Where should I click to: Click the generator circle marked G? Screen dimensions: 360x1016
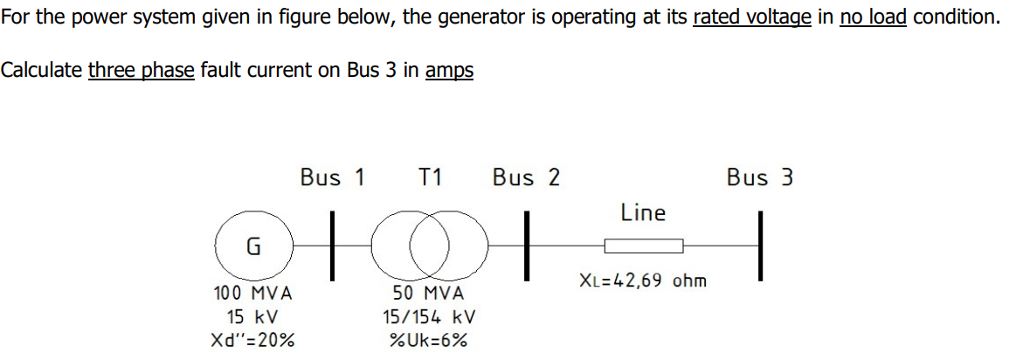point(252,246)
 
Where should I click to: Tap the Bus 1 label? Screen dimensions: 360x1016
point(332,177)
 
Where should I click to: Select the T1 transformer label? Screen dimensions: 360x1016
point(430,177)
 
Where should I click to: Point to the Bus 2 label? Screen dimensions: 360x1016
point(526,177)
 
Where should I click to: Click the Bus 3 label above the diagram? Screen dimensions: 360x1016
point(760,177)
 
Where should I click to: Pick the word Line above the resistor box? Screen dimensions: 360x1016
point(643,212)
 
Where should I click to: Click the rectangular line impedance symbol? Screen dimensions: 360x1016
point(644,246)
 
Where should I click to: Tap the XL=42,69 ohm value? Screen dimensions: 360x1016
point(643,281)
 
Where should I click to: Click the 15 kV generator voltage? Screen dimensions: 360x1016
point(252,316)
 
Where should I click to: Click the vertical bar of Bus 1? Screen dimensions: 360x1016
point(332,246)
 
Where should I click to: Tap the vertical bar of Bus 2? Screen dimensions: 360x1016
point(527,246)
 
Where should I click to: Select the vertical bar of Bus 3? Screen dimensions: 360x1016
point(761,246)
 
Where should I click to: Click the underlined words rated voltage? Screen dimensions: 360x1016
point(752,17)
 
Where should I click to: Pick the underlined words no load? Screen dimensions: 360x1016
point(874,17)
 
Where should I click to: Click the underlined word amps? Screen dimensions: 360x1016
point(449,71)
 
